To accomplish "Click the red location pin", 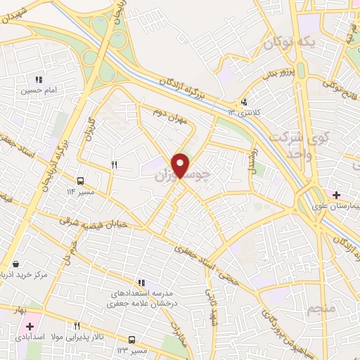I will [x=181, y=165].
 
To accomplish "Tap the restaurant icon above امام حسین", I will [x=39, y=79].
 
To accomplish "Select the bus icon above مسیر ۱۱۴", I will [x=81, y=181].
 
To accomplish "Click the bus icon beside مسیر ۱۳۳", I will [x=132, y=340].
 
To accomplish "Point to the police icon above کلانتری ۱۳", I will [x=244, y=101].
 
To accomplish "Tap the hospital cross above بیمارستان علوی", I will [x=336, y=194].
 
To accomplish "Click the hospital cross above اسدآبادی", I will [x=30, y=327].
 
